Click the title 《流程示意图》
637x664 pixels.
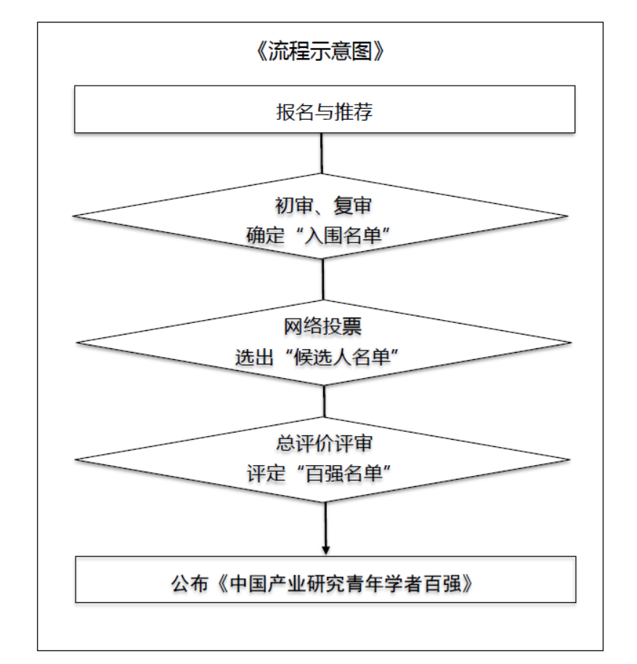click(320, 52)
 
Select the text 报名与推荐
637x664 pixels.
click(324, 112)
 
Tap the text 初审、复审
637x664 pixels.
click(323, 206)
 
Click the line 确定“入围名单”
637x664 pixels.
click(318, 235)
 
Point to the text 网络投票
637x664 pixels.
click(322, 327)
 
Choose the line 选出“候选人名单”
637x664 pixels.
click(317, 357)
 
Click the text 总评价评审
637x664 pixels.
click(324, 443)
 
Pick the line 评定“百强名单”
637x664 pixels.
click(319, 473)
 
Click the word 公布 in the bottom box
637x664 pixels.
click(190, 583)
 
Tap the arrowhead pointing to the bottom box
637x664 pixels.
click(325, 550)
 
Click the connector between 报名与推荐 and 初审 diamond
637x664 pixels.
click(322, 153)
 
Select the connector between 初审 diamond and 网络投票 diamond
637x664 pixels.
click(323, 279)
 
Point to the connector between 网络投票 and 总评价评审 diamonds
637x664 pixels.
click(324, 401)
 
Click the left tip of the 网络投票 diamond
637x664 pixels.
click(77, 343)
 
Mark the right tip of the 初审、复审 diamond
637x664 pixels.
click(568, 216)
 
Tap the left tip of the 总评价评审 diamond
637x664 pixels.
click(76, 460)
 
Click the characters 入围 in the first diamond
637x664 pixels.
click(324, 235)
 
